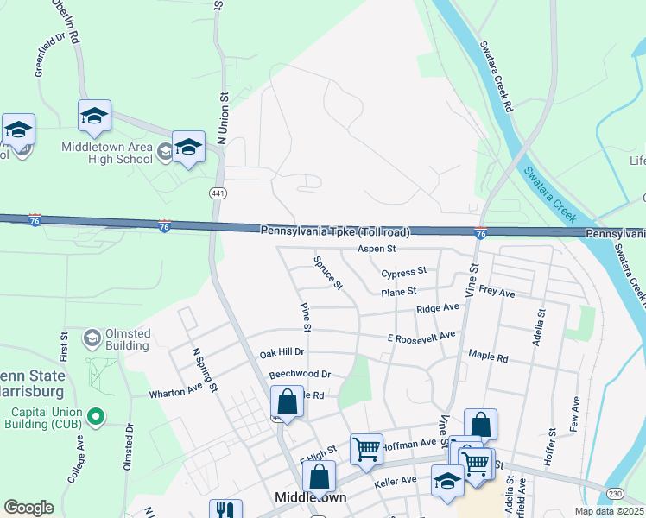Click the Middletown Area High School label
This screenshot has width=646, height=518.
[107, 153]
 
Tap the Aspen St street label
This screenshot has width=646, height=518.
[377, 249]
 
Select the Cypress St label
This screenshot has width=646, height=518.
[404, 272]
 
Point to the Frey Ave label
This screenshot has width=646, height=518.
[497, 294]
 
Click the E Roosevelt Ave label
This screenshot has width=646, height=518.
[421, 337]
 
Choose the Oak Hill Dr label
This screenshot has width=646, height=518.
[282, 353]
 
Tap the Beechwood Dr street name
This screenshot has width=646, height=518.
[300, 375]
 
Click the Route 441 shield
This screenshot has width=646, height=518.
[216, 193]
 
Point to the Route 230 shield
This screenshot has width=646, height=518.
[615, 494]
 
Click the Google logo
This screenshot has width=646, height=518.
[28, 508]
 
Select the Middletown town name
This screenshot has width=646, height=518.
[310, 498]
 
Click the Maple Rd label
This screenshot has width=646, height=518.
[488, 356]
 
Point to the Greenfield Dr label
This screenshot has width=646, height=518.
[50, 55]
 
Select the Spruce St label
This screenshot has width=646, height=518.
[328, 272]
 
